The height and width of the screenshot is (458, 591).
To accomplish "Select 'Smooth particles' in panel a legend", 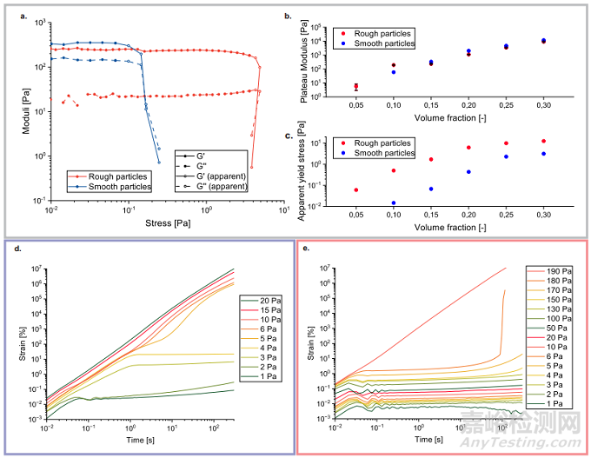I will (x=120, y=186).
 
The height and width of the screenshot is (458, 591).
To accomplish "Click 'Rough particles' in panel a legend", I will (x=118, y=176).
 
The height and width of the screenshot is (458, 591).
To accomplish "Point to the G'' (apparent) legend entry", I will (x=226, y=186).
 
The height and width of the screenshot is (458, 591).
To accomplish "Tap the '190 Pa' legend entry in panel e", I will (x=554, y=271).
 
